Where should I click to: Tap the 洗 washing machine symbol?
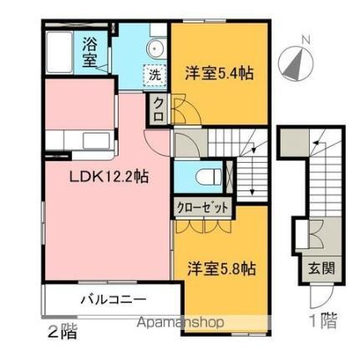point(154,74)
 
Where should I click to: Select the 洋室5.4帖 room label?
point(219,74)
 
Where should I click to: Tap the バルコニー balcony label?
point(114,298)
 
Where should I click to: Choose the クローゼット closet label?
point(202,206)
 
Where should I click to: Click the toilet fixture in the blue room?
point(210,177)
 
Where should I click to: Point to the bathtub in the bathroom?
point(61,52)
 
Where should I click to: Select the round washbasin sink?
point(155,47)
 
